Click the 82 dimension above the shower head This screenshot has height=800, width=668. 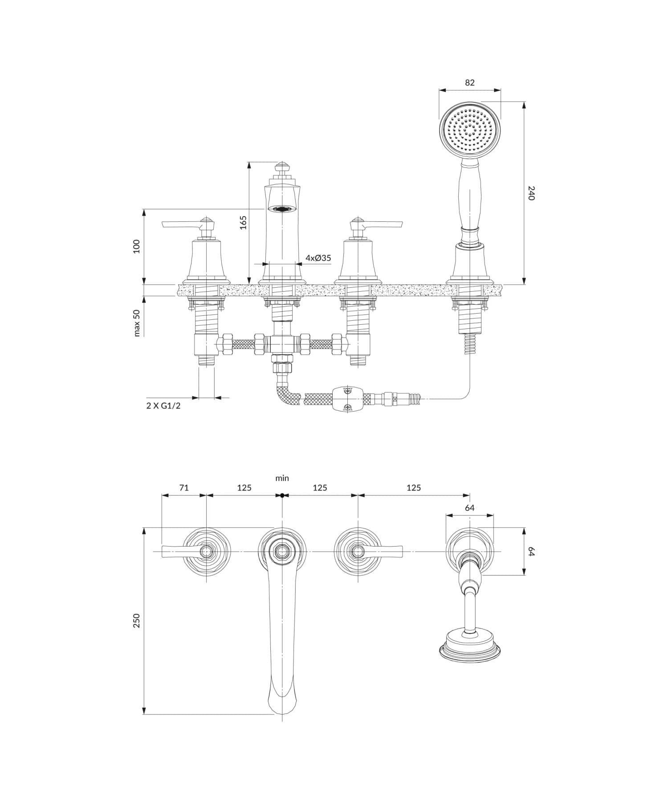click(469, 82)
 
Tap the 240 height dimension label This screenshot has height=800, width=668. click(530, 193)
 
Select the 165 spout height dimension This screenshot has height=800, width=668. click(243, 222)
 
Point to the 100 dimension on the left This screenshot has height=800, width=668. click(137, 246)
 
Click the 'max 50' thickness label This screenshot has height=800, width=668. click(137, 323)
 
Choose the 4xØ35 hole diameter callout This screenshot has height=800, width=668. click(318, 258)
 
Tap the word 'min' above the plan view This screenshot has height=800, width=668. click(282, 478)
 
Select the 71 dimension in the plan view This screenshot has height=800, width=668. click(184, 488)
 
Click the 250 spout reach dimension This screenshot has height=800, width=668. click(137, 620)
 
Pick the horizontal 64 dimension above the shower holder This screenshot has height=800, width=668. click(469, 508)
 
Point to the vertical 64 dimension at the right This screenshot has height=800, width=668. click(530, 551)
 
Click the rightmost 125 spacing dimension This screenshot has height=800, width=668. click(413, 488)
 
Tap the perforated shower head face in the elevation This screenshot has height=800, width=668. click(470, 129)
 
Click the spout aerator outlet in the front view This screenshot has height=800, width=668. click(282, 208)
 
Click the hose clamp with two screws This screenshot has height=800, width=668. click(348, 398)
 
